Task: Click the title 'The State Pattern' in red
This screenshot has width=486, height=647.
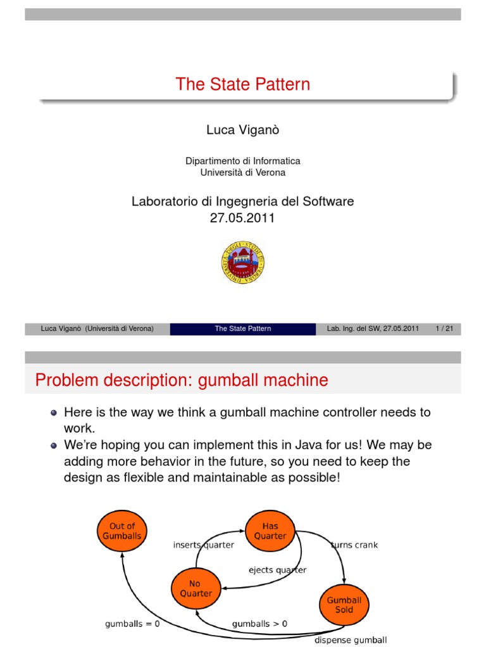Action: tap(243, 85)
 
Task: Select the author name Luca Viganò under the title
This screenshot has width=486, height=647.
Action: tap(243, 130)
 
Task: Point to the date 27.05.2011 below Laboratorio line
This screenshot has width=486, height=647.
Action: tap(243, 218)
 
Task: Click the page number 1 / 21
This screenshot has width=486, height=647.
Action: tap(447, 329)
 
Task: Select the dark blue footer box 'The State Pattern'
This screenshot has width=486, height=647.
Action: tap(243, 329)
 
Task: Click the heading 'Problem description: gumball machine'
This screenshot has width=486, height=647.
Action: tap(182, 380)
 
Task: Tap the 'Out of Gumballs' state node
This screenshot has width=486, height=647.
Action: tap(122, 531)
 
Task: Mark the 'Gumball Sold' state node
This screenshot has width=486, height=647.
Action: tap(344, 605)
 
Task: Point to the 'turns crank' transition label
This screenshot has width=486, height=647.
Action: tap(354, 545)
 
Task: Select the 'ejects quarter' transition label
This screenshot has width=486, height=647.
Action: tap(277, 570)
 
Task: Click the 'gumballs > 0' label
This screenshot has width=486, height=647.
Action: tap(259, 624)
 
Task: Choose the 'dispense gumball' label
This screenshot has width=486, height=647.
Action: tap(351, 640)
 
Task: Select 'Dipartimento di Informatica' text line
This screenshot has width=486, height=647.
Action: tap(243, 161)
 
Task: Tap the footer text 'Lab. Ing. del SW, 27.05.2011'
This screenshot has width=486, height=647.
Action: tap(373, 329)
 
